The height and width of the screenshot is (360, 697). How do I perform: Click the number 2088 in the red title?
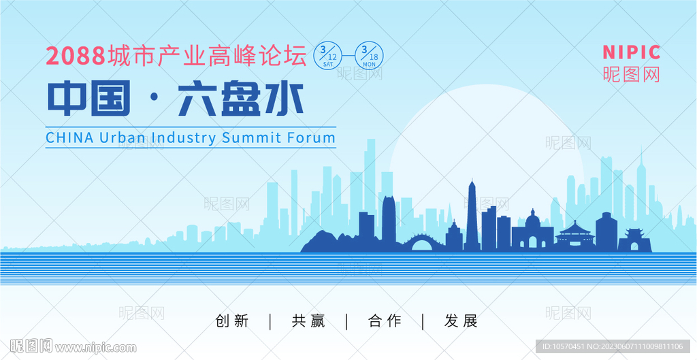click(76, 56)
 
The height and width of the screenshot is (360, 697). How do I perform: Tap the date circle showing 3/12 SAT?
click(328, 56)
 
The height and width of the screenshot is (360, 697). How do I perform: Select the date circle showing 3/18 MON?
click(369, 56)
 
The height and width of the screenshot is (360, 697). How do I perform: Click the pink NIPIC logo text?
click(631, 52)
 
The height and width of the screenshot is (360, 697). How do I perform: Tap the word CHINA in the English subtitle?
click(70, 137)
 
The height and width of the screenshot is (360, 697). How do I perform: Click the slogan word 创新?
click(232, 321)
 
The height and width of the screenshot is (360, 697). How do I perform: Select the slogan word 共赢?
click(308, 321)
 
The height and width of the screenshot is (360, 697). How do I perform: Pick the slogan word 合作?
click(385, 321)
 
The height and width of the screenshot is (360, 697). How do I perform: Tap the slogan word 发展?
click(461, 321)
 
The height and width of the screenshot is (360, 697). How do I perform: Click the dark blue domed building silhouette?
click(532, 231)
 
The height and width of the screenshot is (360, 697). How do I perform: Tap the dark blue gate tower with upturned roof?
click(634, 240)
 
